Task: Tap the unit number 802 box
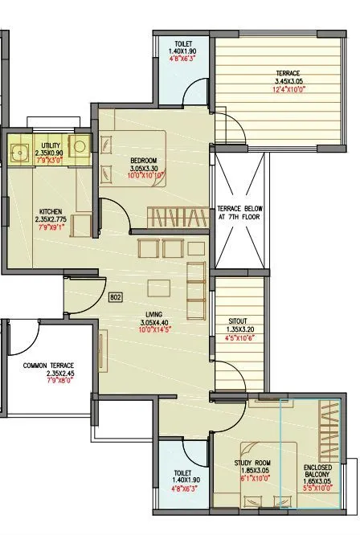click(115, 297)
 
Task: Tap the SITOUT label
click(239, 321)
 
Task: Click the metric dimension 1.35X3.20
click(239, 329)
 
